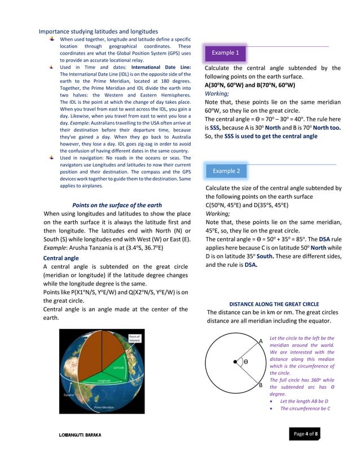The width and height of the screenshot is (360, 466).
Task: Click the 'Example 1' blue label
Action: pos(225,52)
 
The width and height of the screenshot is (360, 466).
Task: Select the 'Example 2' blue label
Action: pos(226,170)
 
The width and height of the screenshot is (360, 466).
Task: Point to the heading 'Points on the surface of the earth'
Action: pos(117,205)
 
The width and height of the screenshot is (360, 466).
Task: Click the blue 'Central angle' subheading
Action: pos(61,258)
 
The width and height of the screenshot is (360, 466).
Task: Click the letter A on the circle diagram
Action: pos(260,341)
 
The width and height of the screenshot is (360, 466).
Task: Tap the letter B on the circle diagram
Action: pos(261,385)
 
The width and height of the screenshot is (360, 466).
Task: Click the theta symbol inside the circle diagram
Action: pos(246,362)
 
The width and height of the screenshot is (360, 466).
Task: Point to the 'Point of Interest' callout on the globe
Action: pos(135,338)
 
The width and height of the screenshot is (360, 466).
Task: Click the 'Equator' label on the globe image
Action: pos(68,395)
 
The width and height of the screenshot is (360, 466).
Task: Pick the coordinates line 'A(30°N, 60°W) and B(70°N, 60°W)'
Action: pos(249,85)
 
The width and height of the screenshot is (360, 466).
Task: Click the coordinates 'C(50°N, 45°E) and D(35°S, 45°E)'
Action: pos(248,205)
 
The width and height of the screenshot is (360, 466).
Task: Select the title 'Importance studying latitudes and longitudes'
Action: pos(98,31)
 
